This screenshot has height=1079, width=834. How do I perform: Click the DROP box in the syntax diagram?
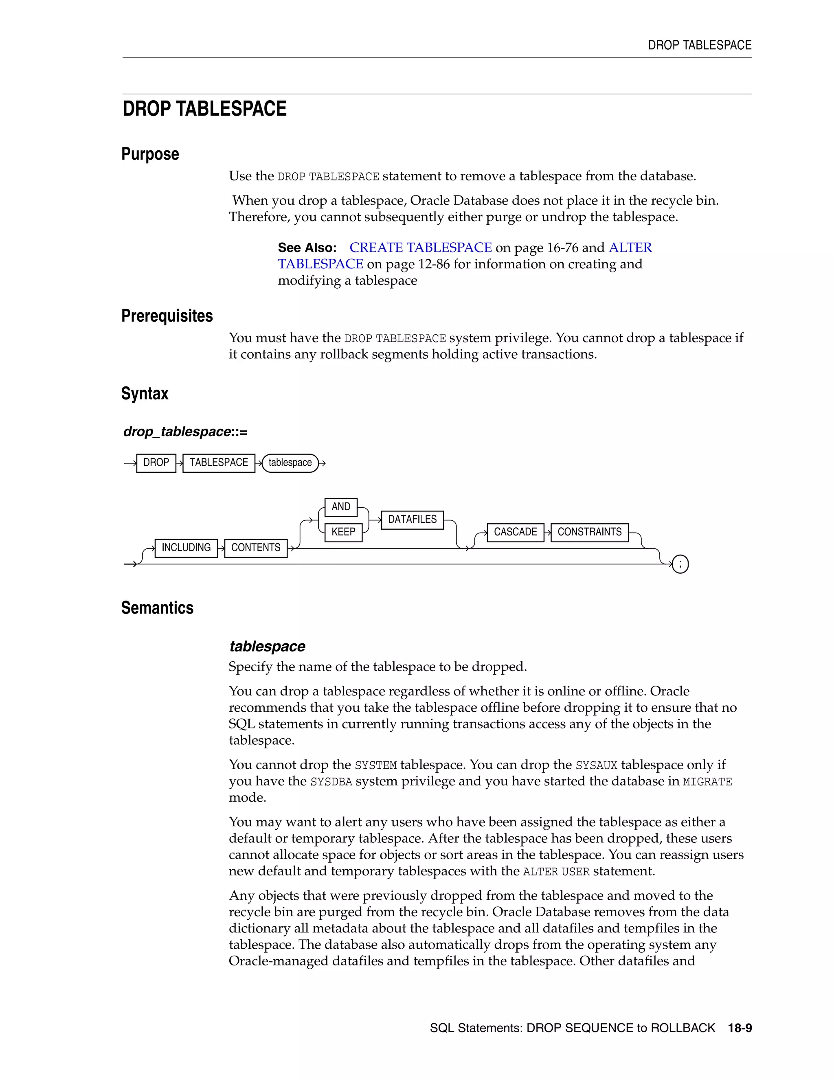tap(156, 463)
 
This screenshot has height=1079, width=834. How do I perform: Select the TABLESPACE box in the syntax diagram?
tap(219, 463)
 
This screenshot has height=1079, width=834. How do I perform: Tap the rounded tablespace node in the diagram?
tap(290, 463)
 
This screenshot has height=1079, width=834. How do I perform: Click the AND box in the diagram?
tap(341, 507)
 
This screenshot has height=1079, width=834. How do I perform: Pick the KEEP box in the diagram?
tap(343, 532)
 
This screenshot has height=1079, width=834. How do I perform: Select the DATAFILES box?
tap(413, 520)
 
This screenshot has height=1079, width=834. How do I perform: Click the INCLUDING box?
tap(186, 548)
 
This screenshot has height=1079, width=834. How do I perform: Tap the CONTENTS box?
tap(256, 548)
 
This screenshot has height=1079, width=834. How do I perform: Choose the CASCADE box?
tap(515, 532)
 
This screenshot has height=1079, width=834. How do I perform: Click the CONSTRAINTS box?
tap(589, 532)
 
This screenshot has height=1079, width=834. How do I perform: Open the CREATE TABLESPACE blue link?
tap(420, 248)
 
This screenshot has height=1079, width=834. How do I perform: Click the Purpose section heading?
tap(150, 154)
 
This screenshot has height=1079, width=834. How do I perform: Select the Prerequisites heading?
tap(167, 316)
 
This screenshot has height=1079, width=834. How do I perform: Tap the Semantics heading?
tap(157, 607)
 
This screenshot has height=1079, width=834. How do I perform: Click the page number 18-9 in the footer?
tap(740, 1028)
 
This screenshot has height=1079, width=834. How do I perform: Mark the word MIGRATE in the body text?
tap(707, 782)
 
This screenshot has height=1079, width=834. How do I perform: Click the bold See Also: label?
tap(307, 248)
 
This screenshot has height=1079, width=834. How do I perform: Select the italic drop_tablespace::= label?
tap(185, 432)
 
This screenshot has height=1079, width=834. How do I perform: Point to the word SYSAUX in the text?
tap(596, 766)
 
